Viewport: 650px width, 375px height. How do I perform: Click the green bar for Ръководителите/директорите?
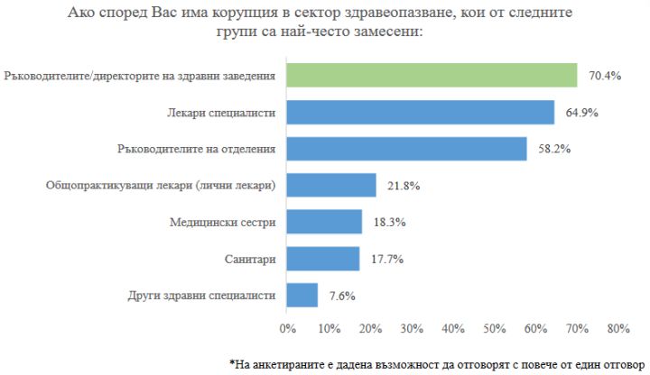pos(432,76)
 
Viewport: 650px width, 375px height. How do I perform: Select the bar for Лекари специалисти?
pos(420,113)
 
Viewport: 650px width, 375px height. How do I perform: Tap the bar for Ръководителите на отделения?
pos(406,149)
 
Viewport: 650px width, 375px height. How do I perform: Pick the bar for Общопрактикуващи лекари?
pos(331,186)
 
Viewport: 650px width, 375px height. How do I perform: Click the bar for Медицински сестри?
pos(324,222)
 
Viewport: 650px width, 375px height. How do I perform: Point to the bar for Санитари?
pos(322,259)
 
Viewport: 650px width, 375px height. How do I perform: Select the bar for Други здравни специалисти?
pos(302,295)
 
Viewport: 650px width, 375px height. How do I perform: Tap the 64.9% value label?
pos(580,113)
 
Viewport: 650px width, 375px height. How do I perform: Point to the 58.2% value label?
pos(552,150)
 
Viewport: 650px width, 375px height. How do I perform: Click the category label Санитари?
pos(249,259)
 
